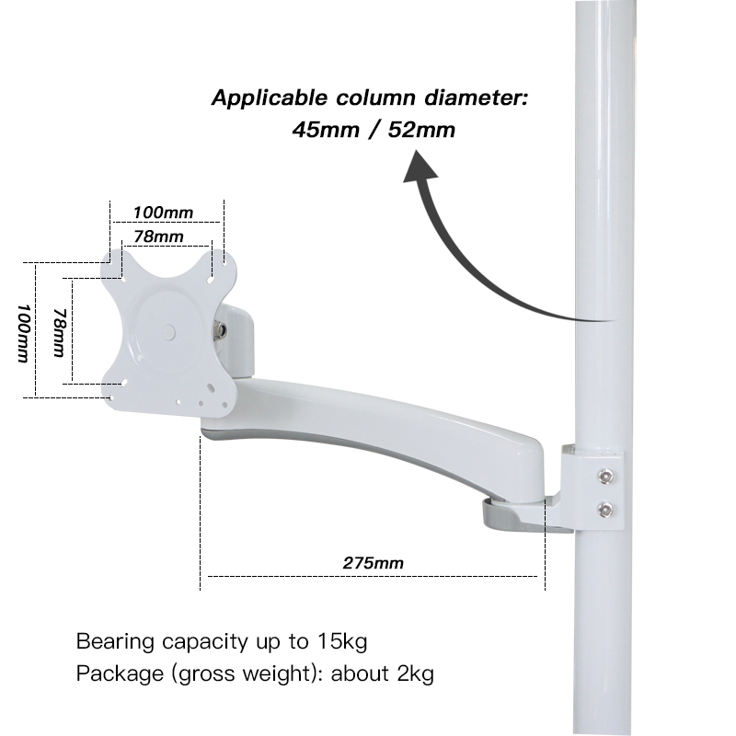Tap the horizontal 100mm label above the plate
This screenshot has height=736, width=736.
[x=162, y=213]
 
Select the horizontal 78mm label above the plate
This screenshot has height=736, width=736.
[x=157, y=236]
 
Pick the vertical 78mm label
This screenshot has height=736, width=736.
[x=58, y=332]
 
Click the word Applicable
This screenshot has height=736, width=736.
[x=262, y=98]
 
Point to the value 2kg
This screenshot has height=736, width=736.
[x=412, y=673]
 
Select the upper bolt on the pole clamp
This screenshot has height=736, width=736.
[x=604, y=477]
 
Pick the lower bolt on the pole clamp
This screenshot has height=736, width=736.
[x=604, y=509]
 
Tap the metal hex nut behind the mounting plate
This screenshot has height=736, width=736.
[x=221, y=329]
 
